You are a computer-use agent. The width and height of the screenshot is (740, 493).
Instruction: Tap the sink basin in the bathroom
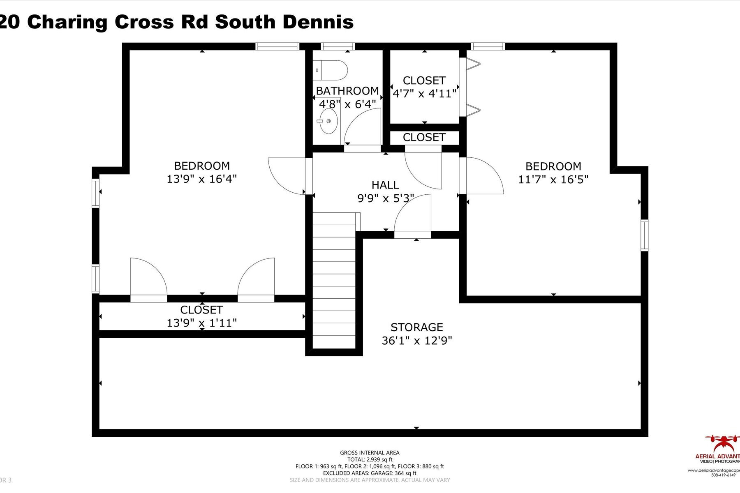coord(328,121)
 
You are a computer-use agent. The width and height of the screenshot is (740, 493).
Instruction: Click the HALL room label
coord(385,185)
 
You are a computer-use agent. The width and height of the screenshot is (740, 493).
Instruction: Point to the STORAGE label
coord(416,327)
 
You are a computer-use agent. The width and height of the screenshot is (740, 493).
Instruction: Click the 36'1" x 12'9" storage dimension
coord(416,341)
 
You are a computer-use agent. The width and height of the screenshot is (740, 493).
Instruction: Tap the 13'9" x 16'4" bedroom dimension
coord(201,179)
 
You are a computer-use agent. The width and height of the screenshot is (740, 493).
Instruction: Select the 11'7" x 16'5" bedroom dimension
coord(553,180)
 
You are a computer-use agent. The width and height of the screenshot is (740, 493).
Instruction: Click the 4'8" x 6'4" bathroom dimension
coord(347,104)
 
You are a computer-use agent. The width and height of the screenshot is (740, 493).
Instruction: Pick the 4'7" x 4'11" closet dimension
coord(424,94)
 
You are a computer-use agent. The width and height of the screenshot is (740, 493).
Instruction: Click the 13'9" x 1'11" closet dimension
coord(201,323)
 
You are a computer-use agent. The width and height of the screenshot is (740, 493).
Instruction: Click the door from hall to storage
coord(412,216)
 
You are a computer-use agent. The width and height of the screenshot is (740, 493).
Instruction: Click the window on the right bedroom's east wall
coord(644,235)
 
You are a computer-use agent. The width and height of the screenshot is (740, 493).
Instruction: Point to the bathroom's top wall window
coord(338,46)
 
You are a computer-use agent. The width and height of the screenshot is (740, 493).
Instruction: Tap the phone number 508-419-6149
coord(723,475)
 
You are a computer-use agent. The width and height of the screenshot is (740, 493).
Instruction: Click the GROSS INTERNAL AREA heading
coord(370,453)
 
